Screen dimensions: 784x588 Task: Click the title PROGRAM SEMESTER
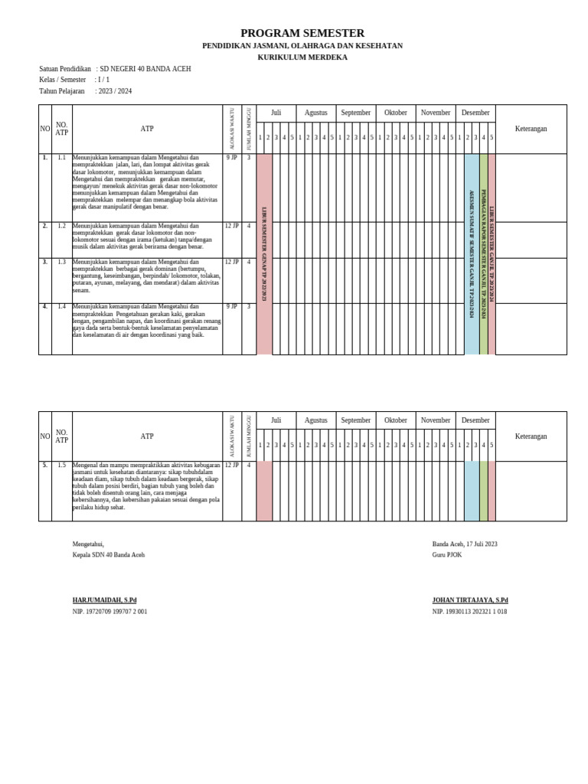(302, 33)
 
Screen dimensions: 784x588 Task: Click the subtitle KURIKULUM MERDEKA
(302, 57)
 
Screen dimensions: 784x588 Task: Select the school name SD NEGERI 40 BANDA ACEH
(145, 69)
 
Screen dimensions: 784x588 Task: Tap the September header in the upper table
(355, 113)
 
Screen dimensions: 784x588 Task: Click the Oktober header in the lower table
(395, 420)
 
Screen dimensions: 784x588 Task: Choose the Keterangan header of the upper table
(531, 129)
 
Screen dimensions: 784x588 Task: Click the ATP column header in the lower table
(147, 436)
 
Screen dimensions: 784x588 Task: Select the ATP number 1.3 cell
(61, 262)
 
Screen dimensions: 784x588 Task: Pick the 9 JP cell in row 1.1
(232, 157)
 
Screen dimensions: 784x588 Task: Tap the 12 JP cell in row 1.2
(232, 226)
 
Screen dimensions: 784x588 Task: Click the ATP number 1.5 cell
(61, 465)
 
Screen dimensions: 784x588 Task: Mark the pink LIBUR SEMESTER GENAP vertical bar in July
(264, 253)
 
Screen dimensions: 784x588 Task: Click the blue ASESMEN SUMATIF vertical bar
(472, 253)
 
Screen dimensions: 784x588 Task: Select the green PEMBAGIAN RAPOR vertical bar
(483, 253)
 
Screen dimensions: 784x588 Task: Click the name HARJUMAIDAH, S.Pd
(104, 600)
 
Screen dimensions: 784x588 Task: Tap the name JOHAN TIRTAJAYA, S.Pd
(469, 600)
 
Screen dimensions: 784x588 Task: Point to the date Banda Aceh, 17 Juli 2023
(464, 544)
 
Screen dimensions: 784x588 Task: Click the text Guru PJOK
(447, 555)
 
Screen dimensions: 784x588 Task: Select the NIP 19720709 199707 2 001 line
(109, 612)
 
